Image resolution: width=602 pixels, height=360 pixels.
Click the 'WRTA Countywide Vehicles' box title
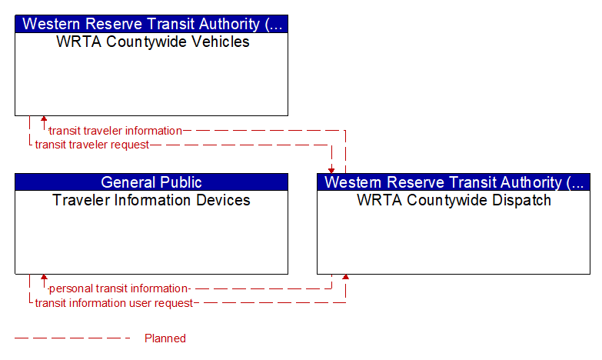point(153,42)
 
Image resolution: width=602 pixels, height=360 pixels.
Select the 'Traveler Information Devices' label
point(151,200)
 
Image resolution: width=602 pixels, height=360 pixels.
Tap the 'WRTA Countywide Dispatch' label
point(454,200)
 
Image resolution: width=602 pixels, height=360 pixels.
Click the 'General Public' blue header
point(151,182)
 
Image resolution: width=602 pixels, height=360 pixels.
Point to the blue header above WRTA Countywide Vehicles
point(151,24)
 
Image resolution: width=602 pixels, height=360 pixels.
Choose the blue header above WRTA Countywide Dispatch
point(454,182)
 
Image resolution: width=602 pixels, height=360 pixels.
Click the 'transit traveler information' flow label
point(115,131)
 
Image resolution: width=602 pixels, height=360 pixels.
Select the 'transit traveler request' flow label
point(91,145)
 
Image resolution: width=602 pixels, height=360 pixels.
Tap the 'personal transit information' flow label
point(119,288)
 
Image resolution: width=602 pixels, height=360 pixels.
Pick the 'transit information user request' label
point(114,303)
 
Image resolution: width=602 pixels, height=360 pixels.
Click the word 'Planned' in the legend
point(165,338)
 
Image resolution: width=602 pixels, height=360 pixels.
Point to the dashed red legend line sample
point(72,338)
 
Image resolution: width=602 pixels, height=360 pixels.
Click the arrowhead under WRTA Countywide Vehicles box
point(44,118)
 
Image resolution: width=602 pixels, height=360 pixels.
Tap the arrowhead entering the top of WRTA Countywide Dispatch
point(331,171)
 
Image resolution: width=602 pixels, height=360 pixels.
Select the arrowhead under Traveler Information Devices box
point(44,277)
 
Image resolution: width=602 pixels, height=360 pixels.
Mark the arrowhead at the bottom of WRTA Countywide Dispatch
point(345,277)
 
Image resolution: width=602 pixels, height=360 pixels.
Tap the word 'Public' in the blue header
point(181,182)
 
